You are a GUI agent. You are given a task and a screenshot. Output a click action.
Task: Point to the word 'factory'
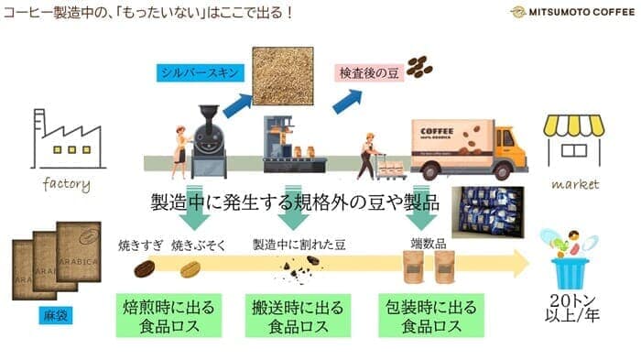coord(67,183)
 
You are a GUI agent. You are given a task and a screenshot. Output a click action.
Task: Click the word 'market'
coord(575,183)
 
